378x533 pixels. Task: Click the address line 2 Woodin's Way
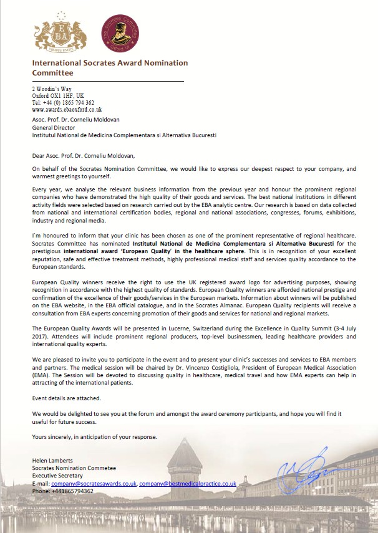pyautogui.click(x=53, y=89)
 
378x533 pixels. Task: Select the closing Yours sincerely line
pyautogui.click(x=95, y=436)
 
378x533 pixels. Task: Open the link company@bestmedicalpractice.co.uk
pyautogui.click(x=188, y=483)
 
